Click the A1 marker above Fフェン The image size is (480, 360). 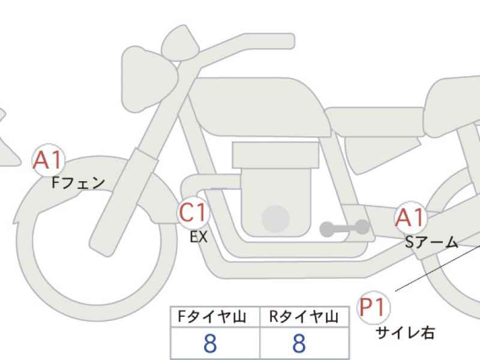(49, 160)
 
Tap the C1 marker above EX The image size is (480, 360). (193, 212)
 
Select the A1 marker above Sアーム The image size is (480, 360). (410, 218)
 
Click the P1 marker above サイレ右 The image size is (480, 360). (373, 307)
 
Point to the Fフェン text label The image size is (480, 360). (79, 183)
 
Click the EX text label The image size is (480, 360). (199, 236)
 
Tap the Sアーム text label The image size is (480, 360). (431, 242)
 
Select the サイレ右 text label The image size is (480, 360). (405, 332)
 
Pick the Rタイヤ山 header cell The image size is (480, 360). (304, 317)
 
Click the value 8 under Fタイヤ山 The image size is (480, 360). (210, 343)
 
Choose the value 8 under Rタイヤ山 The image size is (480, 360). (299, 343)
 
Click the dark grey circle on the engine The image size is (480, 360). (275, 219)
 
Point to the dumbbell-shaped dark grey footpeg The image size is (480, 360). (344, 228)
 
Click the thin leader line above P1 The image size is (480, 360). (437, 268)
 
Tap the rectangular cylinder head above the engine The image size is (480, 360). (275, 155)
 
